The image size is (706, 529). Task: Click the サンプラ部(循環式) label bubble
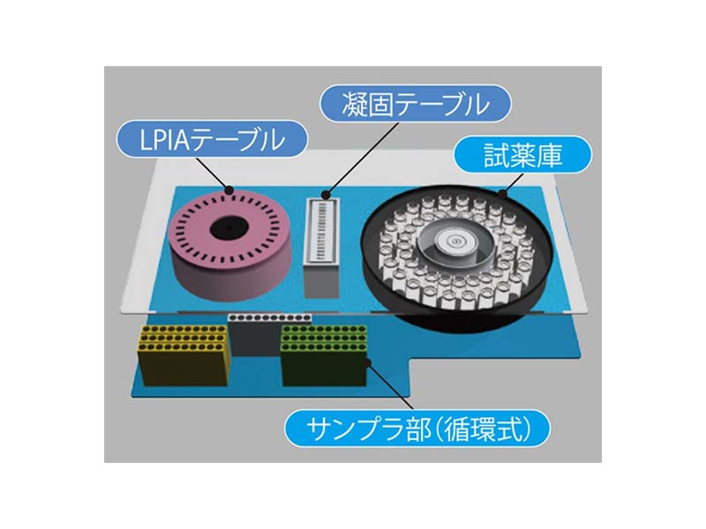click(415, 429)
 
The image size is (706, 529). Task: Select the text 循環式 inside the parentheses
click(489, 429)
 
